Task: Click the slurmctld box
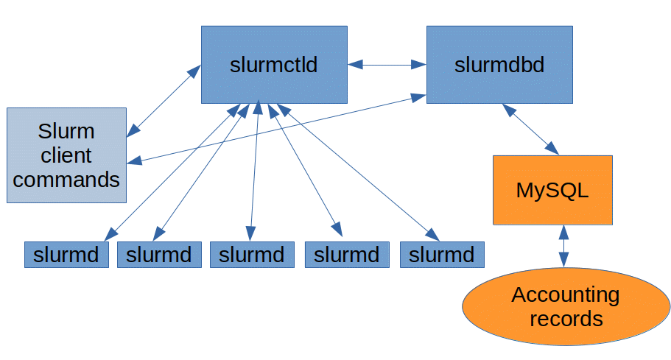274,65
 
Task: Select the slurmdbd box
499,65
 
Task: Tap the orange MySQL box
552,190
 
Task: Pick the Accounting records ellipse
566,307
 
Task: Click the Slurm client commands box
66,155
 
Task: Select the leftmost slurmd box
66,255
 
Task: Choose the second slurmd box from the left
159,255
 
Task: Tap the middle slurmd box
252,255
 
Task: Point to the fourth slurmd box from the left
347,255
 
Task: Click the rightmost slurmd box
442,255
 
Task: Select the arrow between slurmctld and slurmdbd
387,65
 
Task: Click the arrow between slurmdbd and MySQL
530,129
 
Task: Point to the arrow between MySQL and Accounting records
563,246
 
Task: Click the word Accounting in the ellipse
566,295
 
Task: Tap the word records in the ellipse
566,320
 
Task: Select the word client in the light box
66,155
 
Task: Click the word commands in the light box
66,179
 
